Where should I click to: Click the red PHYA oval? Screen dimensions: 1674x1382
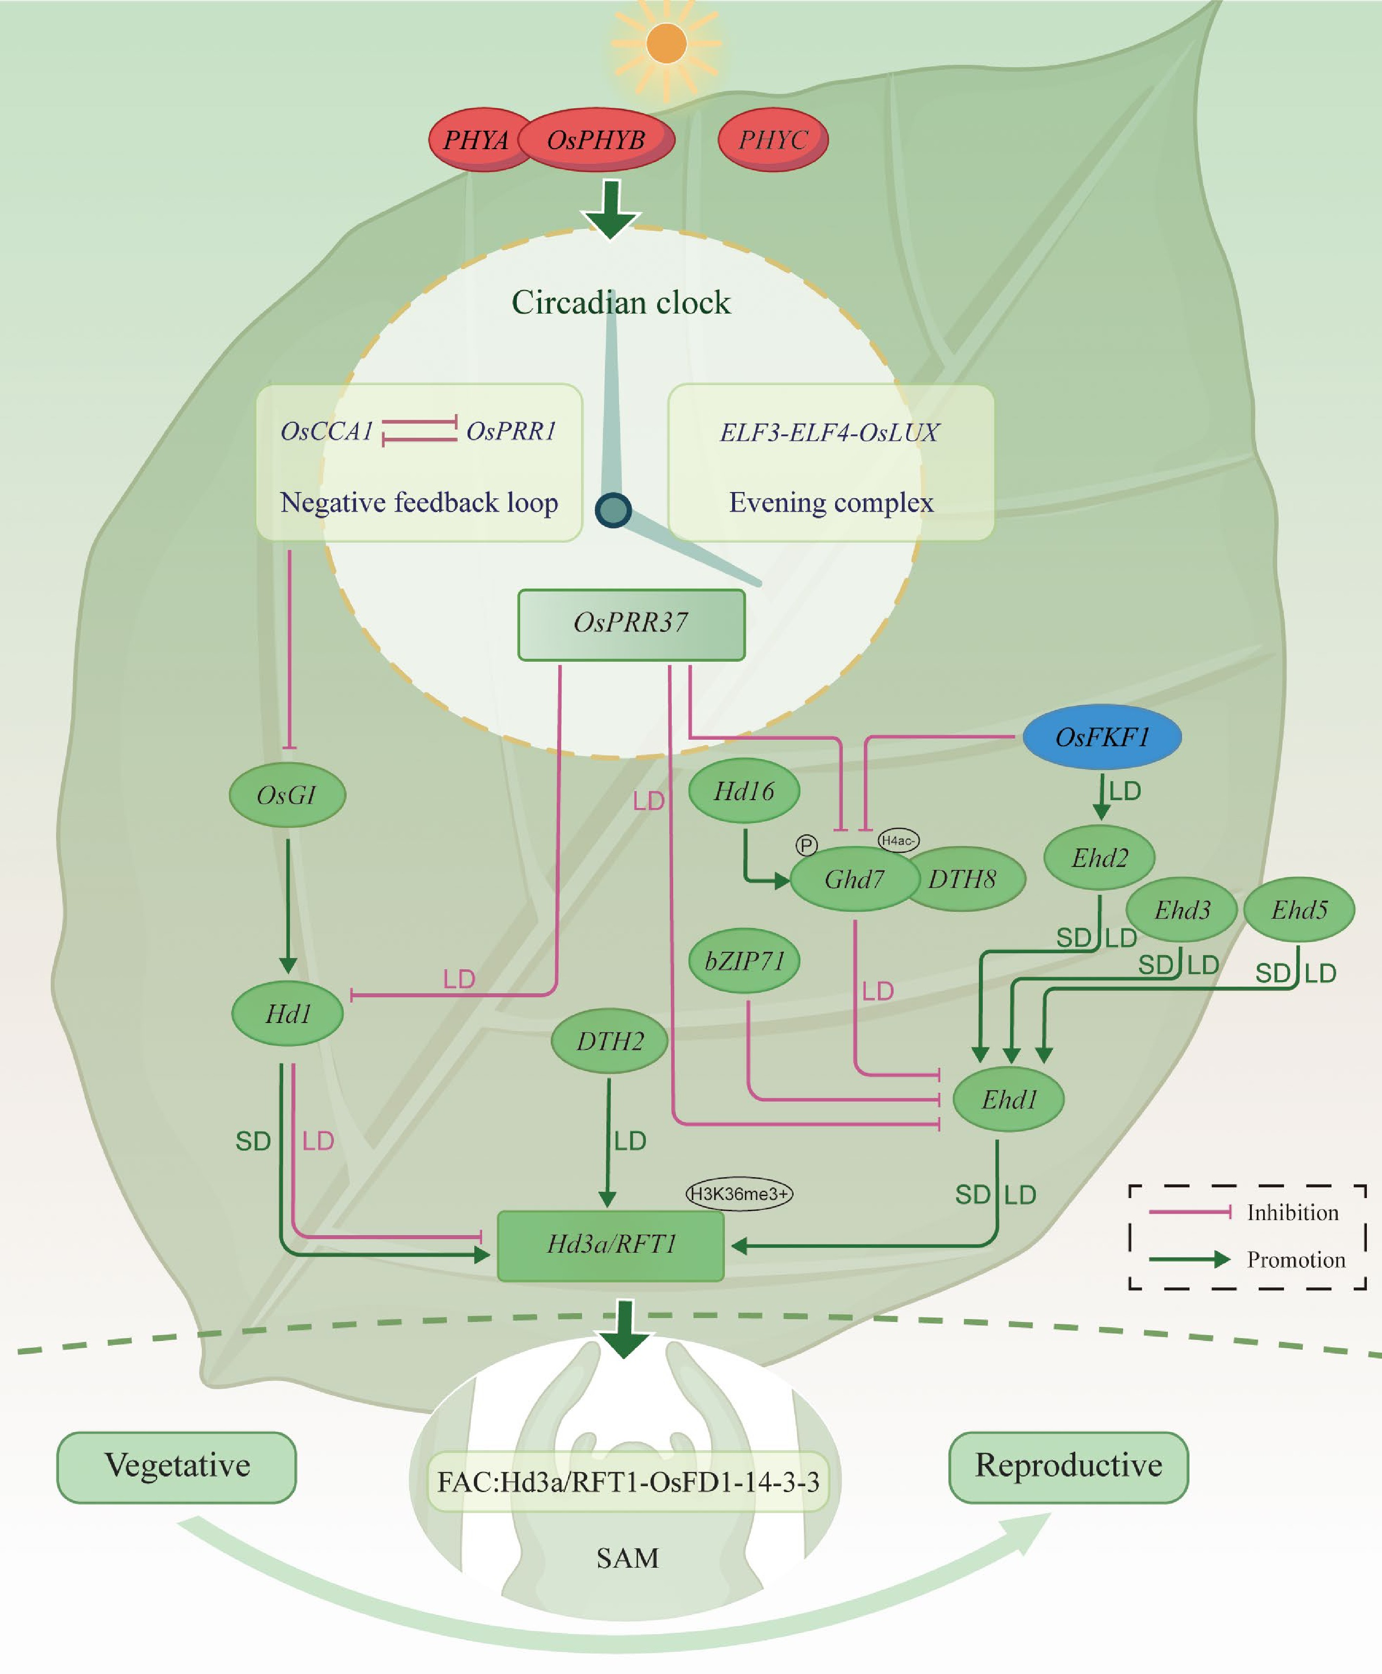475,140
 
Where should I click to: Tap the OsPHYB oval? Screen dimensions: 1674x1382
596,140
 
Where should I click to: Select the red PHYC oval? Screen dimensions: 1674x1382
773,140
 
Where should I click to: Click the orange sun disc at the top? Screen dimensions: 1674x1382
666,43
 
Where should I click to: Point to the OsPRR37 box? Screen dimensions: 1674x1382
631,624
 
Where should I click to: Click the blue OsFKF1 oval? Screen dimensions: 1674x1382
1102,737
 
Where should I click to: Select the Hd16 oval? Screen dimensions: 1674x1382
743,791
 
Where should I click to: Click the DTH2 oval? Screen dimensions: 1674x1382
609,1041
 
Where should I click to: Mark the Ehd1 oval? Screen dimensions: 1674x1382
1009,1100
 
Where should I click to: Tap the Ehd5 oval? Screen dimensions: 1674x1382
1299,909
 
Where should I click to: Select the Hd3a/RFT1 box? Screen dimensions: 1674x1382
611,1245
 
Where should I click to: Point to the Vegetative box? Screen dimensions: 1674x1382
177,1467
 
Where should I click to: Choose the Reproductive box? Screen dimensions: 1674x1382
1069,1467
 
